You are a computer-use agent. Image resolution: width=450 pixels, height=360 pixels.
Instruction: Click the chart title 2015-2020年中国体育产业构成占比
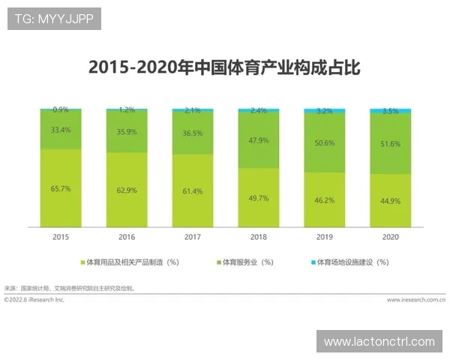(224, 67)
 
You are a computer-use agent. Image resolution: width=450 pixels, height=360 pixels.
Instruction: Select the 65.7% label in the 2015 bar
(61, 189)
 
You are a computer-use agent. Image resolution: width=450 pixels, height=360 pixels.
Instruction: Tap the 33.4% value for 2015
(61, 130)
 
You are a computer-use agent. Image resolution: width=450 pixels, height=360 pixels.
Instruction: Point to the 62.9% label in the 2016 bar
(126, 190)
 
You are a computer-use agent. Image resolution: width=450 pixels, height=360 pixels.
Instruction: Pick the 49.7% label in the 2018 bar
(258, 198)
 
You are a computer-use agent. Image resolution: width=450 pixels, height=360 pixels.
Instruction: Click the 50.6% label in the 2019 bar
(324, 142)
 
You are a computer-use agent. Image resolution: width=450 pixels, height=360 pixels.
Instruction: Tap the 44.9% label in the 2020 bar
(390, 201)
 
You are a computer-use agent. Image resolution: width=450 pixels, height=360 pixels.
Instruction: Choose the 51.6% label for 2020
(390, 143)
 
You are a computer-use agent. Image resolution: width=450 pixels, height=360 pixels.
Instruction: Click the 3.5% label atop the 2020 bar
(390, 111)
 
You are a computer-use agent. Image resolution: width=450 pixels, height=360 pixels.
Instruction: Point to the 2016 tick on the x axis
(126, 237)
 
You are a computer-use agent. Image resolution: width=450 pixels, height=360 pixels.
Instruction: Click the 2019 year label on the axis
(324, 237)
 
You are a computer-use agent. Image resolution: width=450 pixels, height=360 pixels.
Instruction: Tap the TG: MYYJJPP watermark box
(53, 18)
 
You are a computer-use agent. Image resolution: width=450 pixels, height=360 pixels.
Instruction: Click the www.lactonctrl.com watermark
(379, 341)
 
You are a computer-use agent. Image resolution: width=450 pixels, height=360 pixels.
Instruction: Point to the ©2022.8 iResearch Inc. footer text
(34, 299)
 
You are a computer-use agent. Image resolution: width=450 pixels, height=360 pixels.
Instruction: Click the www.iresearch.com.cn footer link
(415, 299)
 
